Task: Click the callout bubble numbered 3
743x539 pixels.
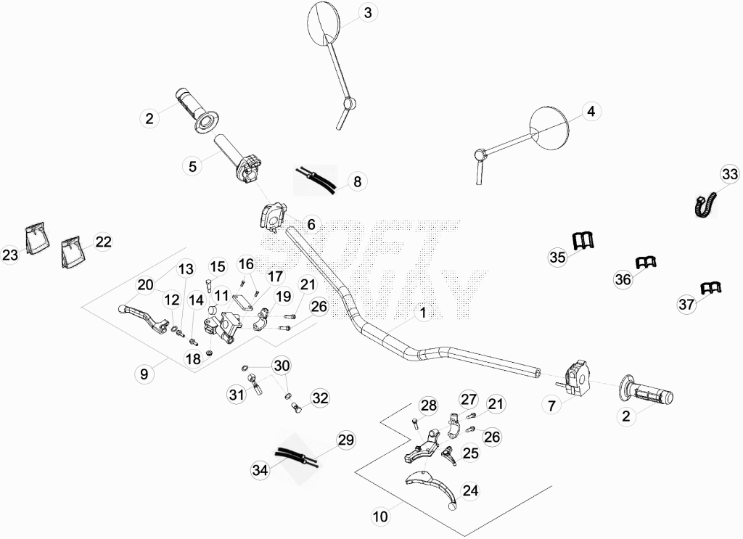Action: click(x=368, y=13)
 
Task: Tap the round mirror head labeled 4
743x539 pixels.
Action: click(x=549, y=125)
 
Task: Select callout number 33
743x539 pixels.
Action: click(x=730, y=174)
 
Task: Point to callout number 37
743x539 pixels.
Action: click(x=686, y=304)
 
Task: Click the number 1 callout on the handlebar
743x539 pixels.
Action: click(x=423, y=313)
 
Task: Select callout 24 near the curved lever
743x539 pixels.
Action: click(x=470, y=490)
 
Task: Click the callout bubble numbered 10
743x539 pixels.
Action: click(x=380, y=517)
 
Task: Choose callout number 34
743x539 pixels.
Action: click(x=260, y=470)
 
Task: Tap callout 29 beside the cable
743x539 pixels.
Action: click(x=345, y=440)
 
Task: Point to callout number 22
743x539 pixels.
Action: click(x=103, y=242)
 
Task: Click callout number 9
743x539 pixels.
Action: click(x=144, y=374)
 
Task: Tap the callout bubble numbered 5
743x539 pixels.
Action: click(x=192, y=166)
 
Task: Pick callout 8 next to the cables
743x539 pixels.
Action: click(x=357, y=181)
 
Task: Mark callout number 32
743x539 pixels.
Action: click(x=320, y=398)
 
